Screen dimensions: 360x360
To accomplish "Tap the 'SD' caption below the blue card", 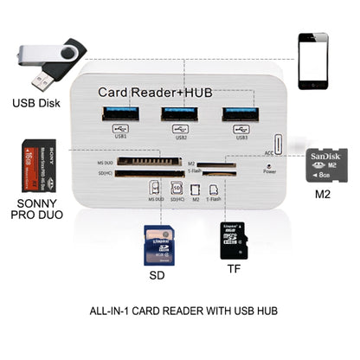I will tap(157, 277).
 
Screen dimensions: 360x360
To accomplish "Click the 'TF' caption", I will tap(235, 269).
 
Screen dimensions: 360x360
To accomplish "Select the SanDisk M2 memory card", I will tap(326, 168).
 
